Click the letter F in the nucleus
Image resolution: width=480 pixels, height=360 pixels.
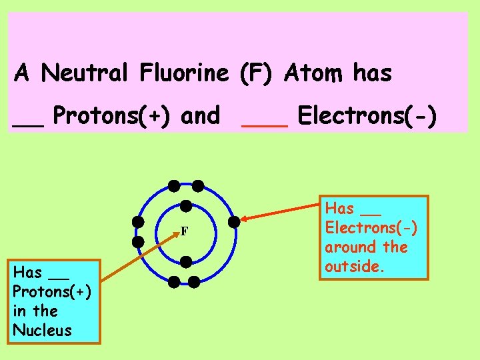pos(185,231)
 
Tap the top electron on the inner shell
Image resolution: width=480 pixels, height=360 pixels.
pos(187,205)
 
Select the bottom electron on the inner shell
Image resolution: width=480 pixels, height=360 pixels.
pos(186,261)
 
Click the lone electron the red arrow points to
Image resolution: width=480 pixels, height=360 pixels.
pos(233,221)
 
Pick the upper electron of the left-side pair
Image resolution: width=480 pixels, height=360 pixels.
pos(138,221)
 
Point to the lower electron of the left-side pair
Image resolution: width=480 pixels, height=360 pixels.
pos(138,241)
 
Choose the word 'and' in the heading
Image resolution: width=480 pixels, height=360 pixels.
pos(201,116)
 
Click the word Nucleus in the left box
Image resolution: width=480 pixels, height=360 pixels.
pos(42,330)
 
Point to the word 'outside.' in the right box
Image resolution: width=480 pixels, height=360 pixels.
pos(351,266)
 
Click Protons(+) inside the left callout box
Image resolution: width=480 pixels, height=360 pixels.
pos(52,291)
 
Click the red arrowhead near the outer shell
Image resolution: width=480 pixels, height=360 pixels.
pos(245,218)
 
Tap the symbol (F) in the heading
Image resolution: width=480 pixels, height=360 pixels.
pos(256,73)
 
